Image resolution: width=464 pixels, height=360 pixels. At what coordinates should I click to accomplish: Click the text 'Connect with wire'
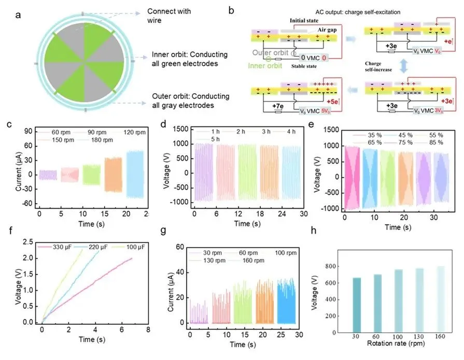(x=169, y=16)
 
